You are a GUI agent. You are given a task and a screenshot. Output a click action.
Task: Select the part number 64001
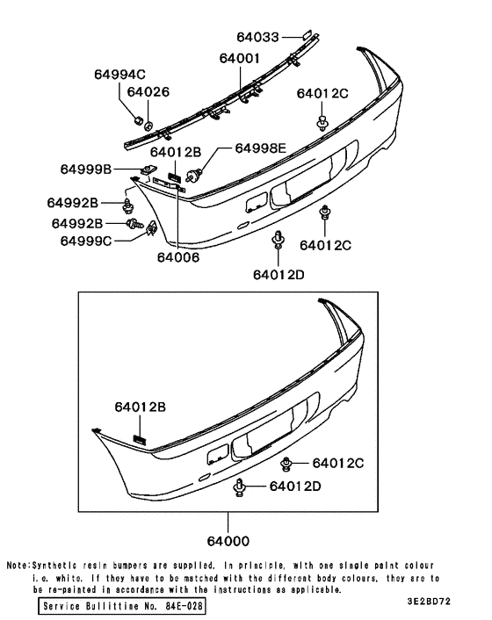click(240, 59)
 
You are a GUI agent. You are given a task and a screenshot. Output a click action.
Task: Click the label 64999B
click(86, 169)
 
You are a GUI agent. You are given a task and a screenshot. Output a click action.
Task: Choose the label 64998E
click(260, 149)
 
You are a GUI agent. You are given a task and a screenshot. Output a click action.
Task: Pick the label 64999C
click(86, 240)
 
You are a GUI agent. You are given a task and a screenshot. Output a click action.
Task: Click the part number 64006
click(178, 257)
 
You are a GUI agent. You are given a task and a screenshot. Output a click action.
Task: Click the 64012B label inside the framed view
click(139, 407)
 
